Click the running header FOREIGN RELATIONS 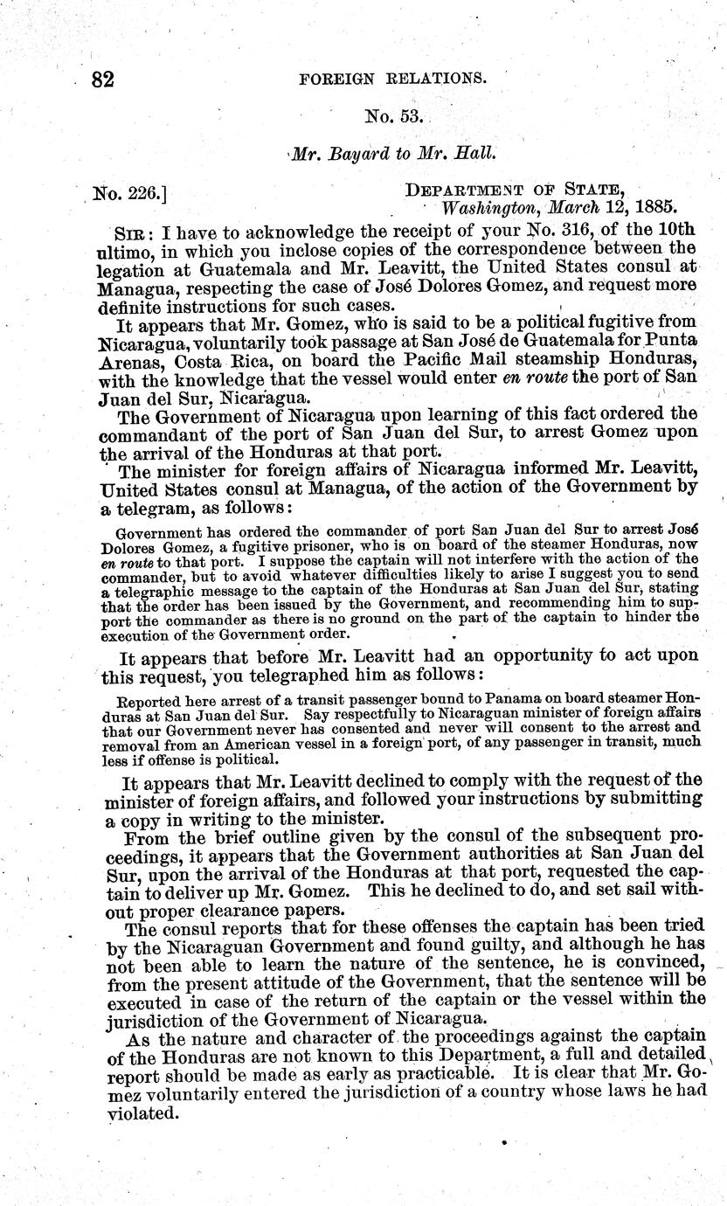point(392,78)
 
